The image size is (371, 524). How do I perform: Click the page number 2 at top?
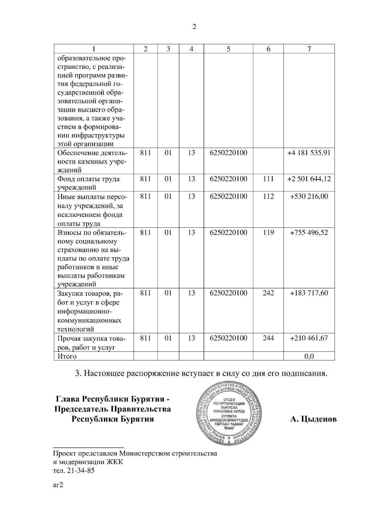click(x=194, y=27)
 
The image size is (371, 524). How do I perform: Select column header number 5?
click(x=228, y=49)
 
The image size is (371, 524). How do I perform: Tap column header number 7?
click(x=309, y=49)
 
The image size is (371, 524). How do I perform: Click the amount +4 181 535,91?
click(x=309, y=153)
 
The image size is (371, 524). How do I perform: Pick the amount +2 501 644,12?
click(x=309, y=179)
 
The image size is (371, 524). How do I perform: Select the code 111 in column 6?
click(x=268, y=179)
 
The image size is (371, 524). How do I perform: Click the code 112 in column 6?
click(x=268, y=197)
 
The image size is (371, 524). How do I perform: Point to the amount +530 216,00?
click(x=309, y=197)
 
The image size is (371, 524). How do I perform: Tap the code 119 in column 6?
click(x=268, y=232)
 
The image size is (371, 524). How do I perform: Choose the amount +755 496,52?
click(x=309, y=232)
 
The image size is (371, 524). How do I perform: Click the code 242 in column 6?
click(x=268, y=293)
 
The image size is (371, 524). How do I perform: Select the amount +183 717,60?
click(x=309, y=293)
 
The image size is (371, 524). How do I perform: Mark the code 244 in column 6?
click(x=268, y=338)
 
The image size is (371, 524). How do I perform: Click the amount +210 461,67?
click(x=309, y=338)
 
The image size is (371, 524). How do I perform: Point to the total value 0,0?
click(x=309, y=356)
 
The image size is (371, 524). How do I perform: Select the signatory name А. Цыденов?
click(x=313, y=419)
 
